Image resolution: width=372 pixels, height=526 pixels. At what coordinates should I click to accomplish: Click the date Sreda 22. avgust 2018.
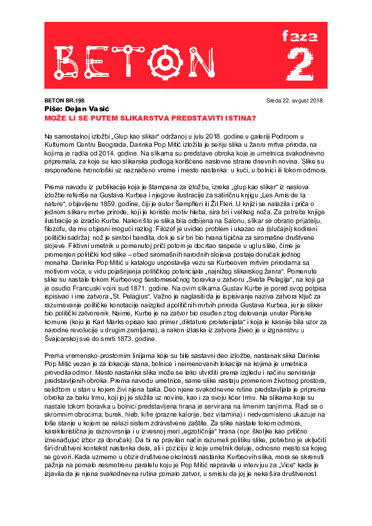(x=299, y=100)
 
